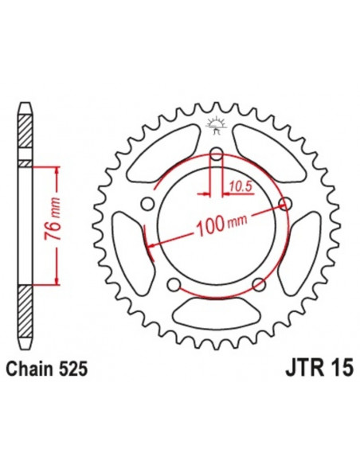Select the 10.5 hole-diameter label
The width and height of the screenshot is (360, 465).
click(x=238, y=187)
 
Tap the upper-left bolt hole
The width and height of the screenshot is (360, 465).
click(x=146, y=205)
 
